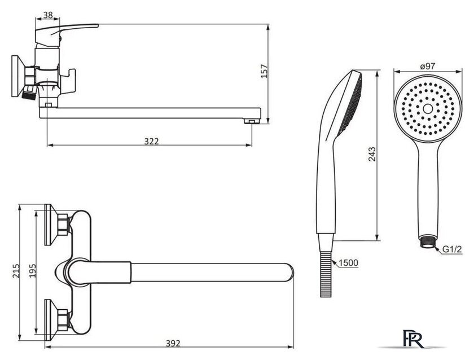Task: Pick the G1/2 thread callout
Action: (453, 248)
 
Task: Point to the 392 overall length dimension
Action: (174, 342)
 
